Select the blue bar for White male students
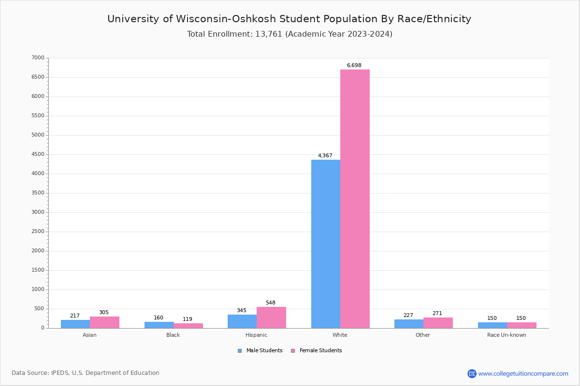pyautogui.click(x=325, y=244)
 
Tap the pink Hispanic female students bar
pyautogui.click(x=271, y=317)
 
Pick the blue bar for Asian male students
pyautogui.click(x=75, y=324)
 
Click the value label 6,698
pyautogui.click(x=354, y=66)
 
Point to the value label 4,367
pyautogui.click(x=325, y=156)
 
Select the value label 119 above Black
pyautogui.click(x=188, y=319)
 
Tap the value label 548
pyautogui.click(x=270, y=303)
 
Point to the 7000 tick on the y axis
pyautogui.click(x=38, y=58)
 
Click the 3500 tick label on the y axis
pyautogui.click(x=38, y=193)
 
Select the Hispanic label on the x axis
pyautogui.click(x=256, y=335)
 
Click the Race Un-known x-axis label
pyautogui.click(x=507, y=335)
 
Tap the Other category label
pyautogui.click(x=422, y=335)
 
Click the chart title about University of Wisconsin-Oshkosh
pyautogui.click(x=289, y=19)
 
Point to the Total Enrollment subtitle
pyautogui.click(x=290, y=34)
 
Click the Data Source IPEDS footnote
pyautogui.click(x=86, y=373)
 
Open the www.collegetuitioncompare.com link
pyautogui.click(x=523, y=373)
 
